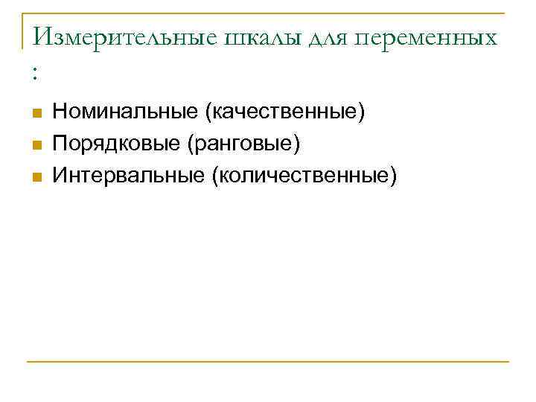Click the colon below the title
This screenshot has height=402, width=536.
[x=34, y=73]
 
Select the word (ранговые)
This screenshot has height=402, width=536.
[x=247, y=144]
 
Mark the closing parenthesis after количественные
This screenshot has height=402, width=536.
[x=395, y=176]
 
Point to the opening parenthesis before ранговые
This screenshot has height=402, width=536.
[x=195, y=144]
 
